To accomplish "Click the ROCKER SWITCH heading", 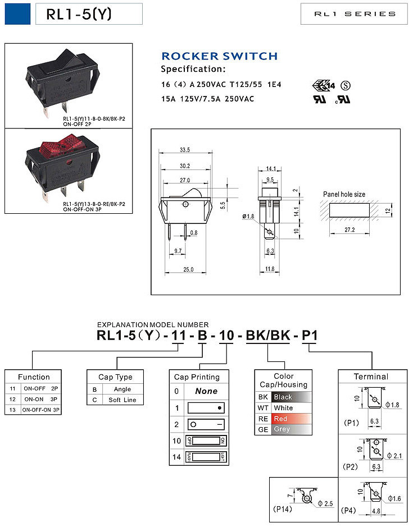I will coord(219,56).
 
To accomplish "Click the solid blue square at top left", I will coord(17,14).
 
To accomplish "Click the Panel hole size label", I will coord(344,194).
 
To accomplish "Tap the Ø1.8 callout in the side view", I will coord(249,216).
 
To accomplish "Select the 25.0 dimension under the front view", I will coord(188,270).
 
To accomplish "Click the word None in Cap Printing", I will coord(206,391).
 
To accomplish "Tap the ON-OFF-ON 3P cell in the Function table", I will coord(41,410).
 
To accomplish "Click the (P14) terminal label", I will coord(282,509).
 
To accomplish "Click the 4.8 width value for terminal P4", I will coord(376,511).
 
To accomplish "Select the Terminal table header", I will coord(371,377).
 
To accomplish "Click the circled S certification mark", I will coord(347,85).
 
